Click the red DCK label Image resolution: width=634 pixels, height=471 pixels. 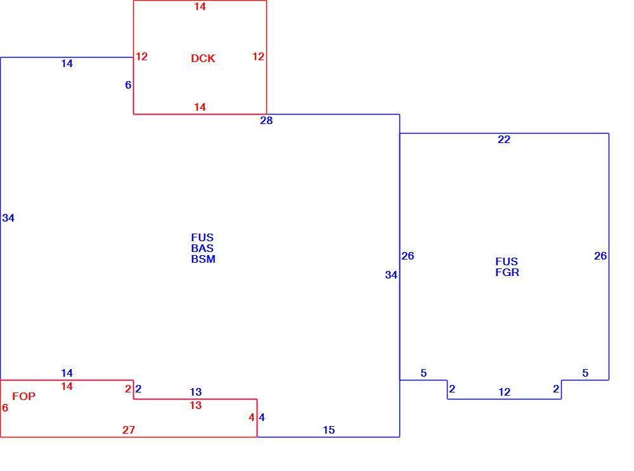(x=203, y=58)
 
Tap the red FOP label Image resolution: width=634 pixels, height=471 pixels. (x=24, y=396)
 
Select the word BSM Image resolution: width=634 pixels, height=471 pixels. (x=203, y=259)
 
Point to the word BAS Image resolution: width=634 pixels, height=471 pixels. (x=202, y=248)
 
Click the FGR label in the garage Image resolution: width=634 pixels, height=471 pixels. (x=507, y=272)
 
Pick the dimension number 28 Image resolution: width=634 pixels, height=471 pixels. (x=266, y=120)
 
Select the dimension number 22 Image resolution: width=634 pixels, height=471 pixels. (x=504, y=139)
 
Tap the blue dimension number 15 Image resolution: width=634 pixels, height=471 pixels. (x=328, y=430)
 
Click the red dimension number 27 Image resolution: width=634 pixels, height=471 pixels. (x=129, y=430)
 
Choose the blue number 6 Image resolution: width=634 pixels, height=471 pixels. (x=128, y=85)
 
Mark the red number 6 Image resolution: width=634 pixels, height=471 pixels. (x=5, y=408)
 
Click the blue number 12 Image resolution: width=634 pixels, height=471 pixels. (x=504, y=392)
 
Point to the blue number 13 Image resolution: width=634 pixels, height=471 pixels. (x=196, y=392)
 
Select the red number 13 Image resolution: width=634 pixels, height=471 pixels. (x=196, y=405)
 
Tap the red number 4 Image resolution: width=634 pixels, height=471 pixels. (x=252, y=417)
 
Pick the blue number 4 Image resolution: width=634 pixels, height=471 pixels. (x=262, y=417)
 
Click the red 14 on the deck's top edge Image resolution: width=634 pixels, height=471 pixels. (x=200, y=6)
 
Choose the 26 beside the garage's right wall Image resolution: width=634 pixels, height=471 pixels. (x=600, y=256)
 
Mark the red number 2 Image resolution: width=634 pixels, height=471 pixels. (x=128, y=389)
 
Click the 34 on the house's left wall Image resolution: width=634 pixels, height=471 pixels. (x=8, y=218)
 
